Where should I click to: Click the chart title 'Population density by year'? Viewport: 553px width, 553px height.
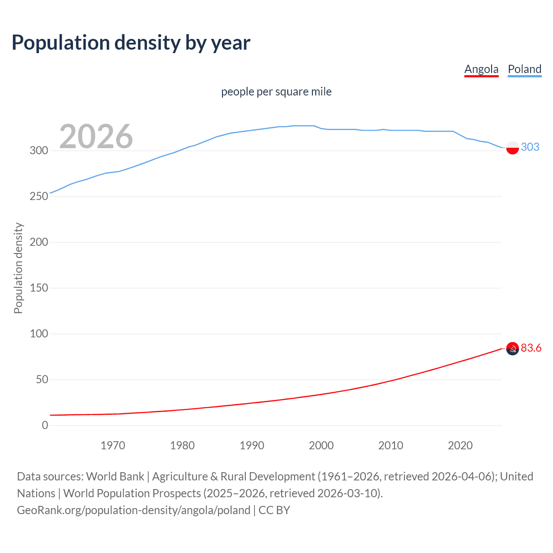(x=131, y=43)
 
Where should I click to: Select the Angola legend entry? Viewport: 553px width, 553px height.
(x=481, y=70)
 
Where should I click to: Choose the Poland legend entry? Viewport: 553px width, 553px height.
(x=524, y=70)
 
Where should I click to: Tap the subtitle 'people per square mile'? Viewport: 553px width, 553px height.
(x=276, y=92)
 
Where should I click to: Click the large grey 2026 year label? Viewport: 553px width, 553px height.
(x=96, y=137)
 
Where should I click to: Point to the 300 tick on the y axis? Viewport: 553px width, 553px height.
(x=39, y=151)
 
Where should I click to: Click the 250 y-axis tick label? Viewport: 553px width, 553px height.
(x=39, y=197)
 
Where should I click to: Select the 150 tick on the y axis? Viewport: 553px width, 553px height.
(x=39, y=288)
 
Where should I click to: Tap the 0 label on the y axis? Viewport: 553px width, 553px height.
(x=45, y=426)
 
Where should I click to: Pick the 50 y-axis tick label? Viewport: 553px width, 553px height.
(x=42, y=380)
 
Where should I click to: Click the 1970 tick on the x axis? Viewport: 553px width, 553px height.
(x=113, y=445)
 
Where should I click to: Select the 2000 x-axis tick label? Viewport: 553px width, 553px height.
(x=321, y=445)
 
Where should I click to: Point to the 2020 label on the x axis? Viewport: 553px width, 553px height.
(x=460, y=445)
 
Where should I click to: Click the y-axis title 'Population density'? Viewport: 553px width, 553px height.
(x=18, y=268)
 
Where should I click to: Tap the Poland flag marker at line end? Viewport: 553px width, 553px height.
(x=512, y=147)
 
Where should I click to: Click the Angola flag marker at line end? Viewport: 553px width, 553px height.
(x=512, y=349)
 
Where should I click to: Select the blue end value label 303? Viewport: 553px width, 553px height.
(x=530, y=147)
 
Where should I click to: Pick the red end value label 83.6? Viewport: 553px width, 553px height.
(x=531, y=348)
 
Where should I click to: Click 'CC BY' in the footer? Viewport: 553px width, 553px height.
(x=274, y=510)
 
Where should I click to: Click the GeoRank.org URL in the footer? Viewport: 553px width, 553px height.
(x=133, y=510)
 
